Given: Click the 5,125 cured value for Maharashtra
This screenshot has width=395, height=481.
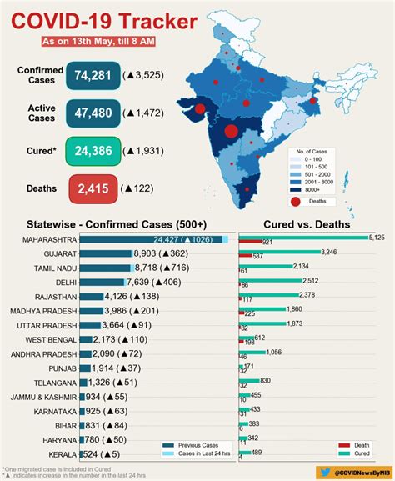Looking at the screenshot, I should coord(376,238).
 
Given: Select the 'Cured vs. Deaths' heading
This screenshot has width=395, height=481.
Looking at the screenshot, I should coord(306,224).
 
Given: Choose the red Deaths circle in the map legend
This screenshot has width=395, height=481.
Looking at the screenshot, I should coord(297,201).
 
